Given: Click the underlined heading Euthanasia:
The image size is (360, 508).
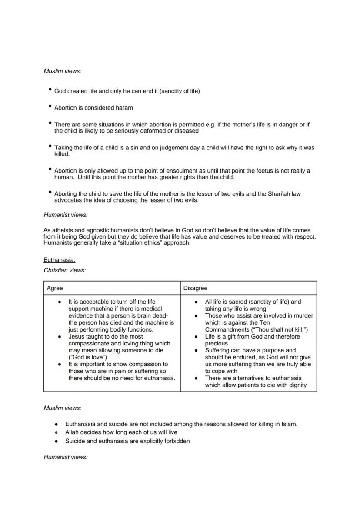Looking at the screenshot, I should [x=59, y=260].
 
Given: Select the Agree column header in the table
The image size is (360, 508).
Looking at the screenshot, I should [x=55, y=288].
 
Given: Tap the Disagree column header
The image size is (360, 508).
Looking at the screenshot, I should [x=195, y=288].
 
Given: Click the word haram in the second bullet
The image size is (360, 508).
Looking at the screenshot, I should [x=124, y=107].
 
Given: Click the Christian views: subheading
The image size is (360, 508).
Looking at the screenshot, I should [x=65, y=270].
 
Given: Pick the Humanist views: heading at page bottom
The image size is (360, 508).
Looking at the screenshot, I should [x=66, y=457].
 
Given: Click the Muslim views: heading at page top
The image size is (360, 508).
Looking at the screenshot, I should [x=62, y=71].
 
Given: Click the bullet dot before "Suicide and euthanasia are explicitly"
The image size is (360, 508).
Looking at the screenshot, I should [x=57, y=441].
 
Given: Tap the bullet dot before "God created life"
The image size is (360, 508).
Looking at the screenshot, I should [x=50, y=90].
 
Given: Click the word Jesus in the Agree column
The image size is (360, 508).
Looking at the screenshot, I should [x=76, y=336].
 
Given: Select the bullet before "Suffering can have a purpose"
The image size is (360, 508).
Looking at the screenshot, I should [x=197, y=350].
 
